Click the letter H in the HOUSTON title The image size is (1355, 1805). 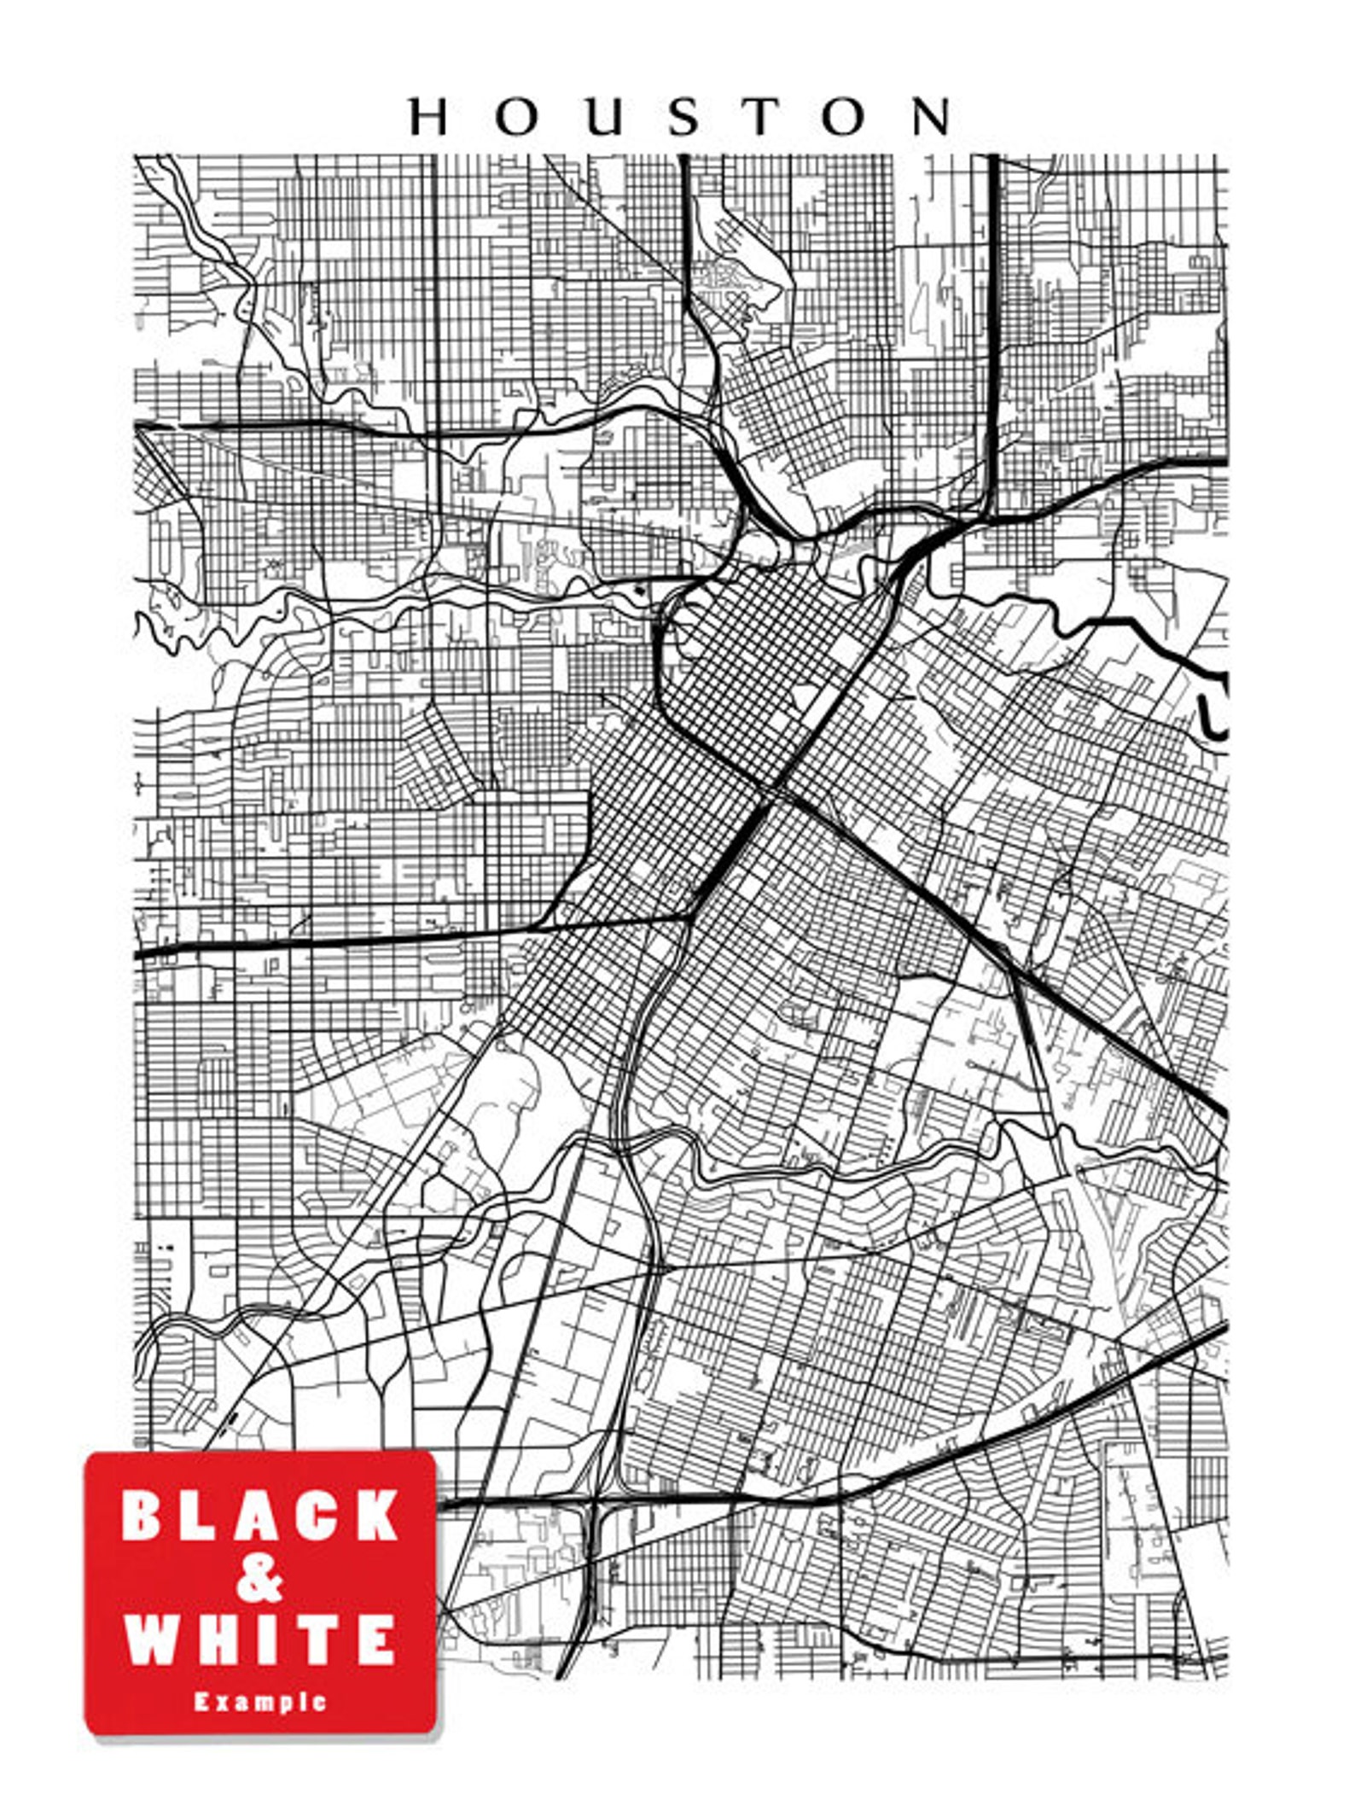click(428, 117)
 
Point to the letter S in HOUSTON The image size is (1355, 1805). click(684, 117)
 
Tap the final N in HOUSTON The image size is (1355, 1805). click(932, 117)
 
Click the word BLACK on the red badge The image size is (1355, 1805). click(260, 1515)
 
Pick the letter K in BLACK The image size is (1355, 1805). click(375, 1515)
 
